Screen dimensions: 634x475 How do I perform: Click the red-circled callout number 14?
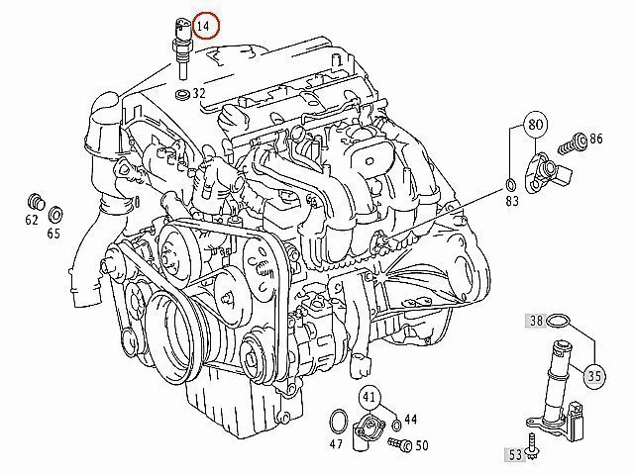(x=206, y=26)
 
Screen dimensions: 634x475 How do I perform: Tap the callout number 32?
(x=199, y=93)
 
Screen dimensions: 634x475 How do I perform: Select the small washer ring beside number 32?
(x=182, y=95)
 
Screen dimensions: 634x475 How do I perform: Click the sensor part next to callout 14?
(x=181, y=48)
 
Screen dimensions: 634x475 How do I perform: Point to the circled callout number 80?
(x=535, y=124)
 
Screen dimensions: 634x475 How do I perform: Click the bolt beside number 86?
(x=573, y=144)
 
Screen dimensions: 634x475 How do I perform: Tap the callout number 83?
(x=512, y=201)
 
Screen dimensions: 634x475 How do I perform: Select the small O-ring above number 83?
(x=510, y=185)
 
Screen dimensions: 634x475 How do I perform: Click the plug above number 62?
(x=37, y=202)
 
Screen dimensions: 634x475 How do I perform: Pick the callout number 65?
(x=53, y=234)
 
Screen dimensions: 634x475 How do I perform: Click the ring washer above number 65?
(x=54, y=214)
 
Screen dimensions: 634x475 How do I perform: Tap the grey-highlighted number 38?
(x=536, y=321)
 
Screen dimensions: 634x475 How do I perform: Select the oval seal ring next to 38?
(x=558, y=321)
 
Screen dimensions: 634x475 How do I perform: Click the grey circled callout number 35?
(x=594, y=376)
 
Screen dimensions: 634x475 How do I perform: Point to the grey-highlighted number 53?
(x=515, y=455)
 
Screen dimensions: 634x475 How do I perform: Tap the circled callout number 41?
(x=370, y=398)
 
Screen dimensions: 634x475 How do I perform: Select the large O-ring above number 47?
(x=339, y=423)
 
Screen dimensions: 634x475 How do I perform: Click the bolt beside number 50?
(x=400, y=444)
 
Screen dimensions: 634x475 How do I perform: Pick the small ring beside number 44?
(x=397, y=425)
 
